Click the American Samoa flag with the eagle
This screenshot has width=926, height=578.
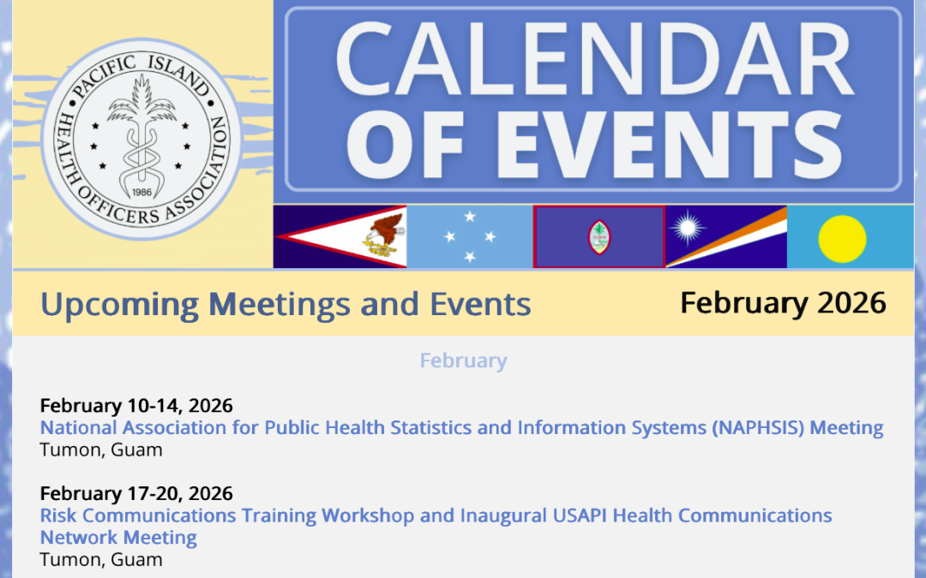(x=340, y=237)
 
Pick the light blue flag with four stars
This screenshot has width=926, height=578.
(x=469, y=237)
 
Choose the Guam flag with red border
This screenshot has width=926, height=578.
(x=598, y=237)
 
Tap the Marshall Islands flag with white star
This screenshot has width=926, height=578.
(x=725, y=237)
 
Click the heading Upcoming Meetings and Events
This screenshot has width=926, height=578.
(x=286, y=304)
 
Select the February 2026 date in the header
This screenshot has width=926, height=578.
(x=782, y=302)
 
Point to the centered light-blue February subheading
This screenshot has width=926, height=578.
(x=463, y=361)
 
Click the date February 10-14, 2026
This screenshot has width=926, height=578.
(x=136, y=405)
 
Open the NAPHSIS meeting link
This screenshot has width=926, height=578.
(x=461, y=427)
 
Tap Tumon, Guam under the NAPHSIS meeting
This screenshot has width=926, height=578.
(x=100, y=449)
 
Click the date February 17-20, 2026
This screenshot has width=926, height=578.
(x=136, y=493)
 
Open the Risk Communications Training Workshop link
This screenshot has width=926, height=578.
(x=436, y=515)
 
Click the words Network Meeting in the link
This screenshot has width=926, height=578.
(x=118, y=538)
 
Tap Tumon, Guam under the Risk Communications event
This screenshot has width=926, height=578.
(x=100, y=559)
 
